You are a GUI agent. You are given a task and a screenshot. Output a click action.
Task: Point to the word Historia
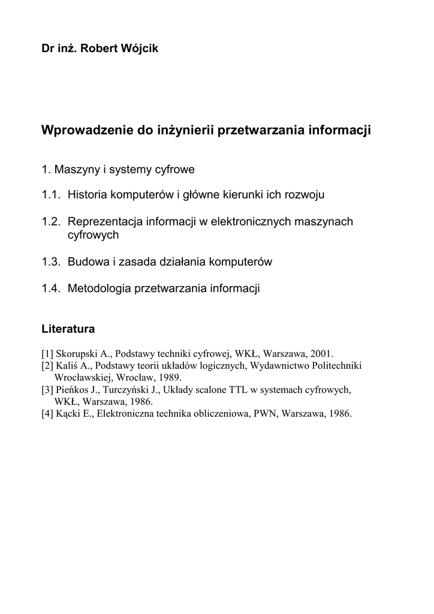(87, 195)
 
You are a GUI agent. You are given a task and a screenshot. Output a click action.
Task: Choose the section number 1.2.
(52, 222)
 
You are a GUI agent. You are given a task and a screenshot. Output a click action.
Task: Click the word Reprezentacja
(103, 222)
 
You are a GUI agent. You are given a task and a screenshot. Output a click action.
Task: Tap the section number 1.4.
(52, 288)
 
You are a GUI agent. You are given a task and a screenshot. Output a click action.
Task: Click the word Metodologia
(100, 288)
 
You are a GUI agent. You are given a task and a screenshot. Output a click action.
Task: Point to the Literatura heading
(68, 329)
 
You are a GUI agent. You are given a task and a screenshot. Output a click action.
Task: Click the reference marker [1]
(47, 353)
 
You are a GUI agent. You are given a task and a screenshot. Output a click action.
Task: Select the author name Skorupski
(76, 353)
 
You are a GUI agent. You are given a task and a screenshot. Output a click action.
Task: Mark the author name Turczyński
(130, 389)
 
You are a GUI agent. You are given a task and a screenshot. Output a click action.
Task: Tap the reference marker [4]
(47, 413)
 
